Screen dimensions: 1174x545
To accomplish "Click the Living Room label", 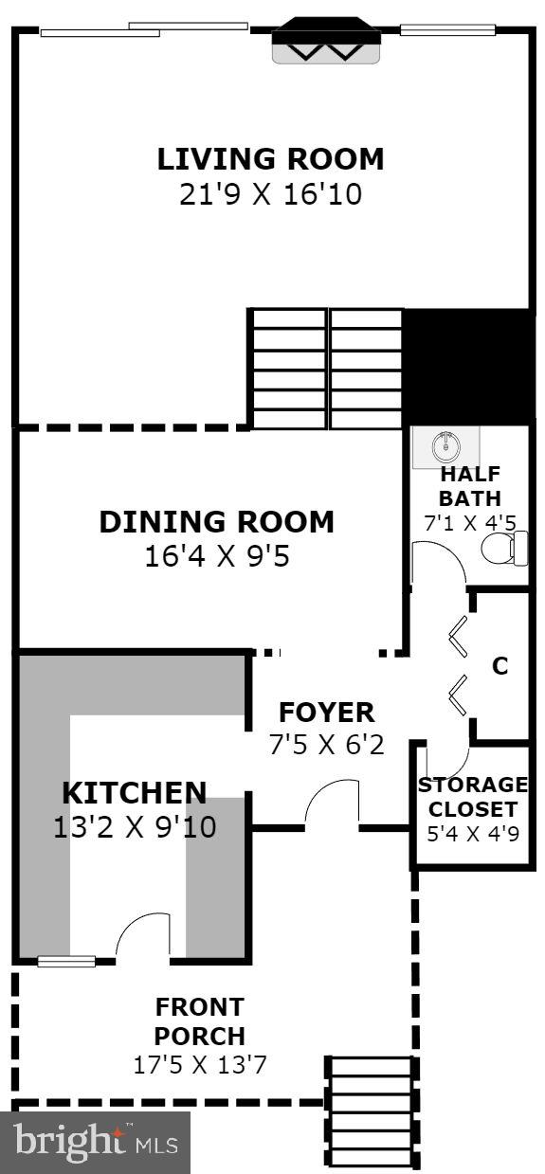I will [x=271, y=158].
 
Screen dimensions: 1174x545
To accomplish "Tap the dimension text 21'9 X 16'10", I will [x=271, y=194].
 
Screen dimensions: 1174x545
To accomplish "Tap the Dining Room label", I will [x=217, y=521].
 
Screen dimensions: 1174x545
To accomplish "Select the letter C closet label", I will [x=500, y=666].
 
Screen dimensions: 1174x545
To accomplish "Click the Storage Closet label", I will [x=473, y=797].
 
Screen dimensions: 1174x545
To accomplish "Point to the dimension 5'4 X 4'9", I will [x=473, y=835].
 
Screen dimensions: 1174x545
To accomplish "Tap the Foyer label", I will [x=326, y=712].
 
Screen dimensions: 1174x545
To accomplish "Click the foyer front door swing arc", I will [x=331, y=801].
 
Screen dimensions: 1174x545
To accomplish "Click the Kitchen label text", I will [x=135, y=792].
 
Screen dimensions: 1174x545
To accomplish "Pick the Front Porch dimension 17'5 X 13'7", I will [x=200, y=1064].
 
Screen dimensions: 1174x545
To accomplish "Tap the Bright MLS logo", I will [x=96, y=1142].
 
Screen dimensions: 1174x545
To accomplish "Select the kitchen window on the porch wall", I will [x=66, y=961].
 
